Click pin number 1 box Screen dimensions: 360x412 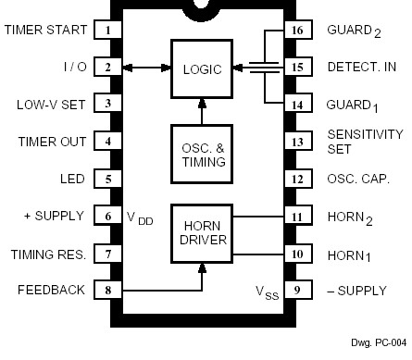[x=108, y=30]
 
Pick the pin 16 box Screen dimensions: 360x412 [x=296, y=30]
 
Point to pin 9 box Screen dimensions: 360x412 [x=296, y=290]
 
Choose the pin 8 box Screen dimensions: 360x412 [x=108, y=290]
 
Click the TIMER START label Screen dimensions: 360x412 [x=46, y=30]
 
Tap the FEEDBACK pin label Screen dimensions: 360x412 [x=51, y=290]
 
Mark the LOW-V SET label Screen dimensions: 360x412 [x=51, y=105]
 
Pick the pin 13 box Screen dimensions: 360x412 [x=296, y=142]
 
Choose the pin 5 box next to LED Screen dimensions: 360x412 [x=108, y=179]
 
